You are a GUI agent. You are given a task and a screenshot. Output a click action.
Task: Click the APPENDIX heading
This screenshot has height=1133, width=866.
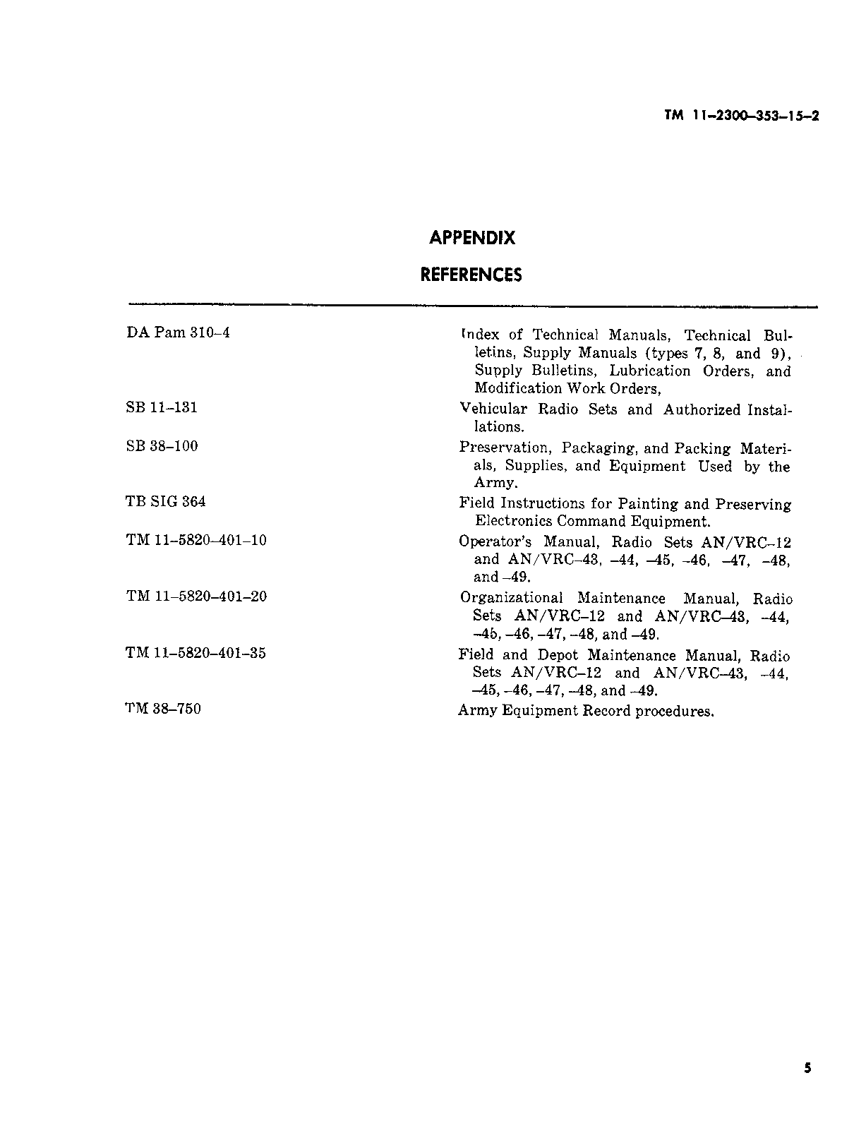point(472,239)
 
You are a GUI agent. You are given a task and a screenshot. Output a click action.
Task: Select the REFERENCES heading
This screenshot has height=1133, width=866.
point(471,275)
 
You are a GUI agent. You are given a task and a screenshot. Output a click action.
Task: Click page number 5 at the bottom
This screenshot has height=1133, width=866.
point(807,1068)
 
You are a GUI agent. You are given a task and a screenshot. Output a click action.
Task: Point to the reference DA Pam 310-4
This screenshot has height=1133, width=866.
point(178,332)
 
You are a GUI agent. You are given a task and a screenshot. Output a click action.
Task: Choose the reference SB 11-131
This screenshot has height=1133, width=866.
point(162,407)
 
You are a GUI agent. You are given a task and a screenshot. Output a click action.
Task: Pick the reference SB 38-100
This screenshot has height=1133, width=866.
point(162,446)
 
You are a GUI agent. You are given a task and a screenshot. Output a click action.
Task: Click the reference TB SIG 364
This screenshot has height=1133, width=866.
point(166,502)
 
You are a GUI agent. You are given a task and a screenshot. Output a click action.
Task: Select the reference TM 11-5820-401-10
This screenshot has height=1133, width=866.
point(196,541)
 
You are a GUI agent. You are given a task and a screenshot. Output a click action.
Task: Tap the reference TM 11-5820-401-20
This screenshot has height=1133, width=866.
point(196,597)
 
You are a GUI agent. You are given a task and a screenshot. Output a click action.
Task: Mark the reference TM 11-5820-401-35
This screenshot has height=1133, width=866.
point(196,653)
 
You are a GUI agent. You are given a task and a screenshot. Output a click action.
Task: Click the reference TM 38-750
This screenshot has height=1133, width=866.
point(163,709)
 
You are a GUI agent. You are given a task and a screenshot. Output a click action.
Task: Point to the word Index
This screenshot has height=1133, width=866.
point(480,335)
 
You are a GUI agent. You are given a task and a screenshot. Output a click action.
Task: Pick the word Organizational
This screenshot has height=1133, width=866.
point(511,599)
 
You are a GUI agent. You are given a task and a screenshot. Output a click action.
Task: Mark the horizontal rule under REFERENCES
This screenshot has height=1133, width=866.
point(472,306)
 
